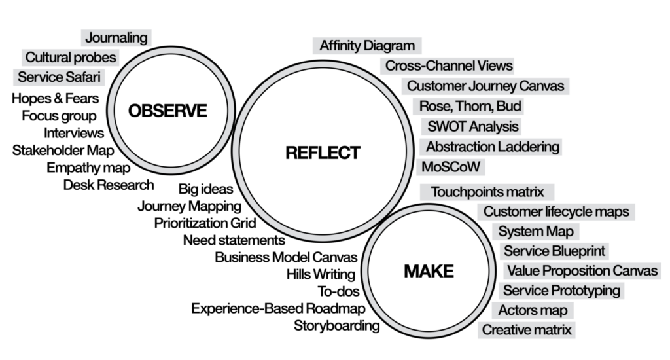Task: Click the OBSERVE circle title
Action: (x=167, y=111)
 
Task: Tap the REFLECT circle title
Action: (x=323, y=153)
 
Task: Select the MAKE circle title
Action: (x=429, y=270)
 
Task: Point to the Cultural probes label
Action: (x=71, y=58)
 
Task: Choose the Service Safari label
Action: (x=59, y=77)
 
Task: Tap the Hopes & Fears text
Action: (x=56, y=99)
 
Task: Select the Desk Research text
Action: (x=109, y=185)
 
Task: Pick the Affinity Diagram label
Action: (x=367, y=46)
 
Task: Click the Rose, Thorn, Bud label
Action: (x=471, y=106)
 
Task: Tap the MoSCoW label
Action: (x=451, y=166)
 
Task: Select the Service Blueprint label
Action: (x=554, y=251)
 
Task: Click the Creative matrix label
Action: (x=527, y=330)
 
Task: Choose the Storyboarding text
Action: (x=336, y=325)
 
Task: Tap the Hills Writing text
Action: (x=321, y=274)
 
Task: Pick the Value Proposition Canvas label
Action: (x=582, y=270)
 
